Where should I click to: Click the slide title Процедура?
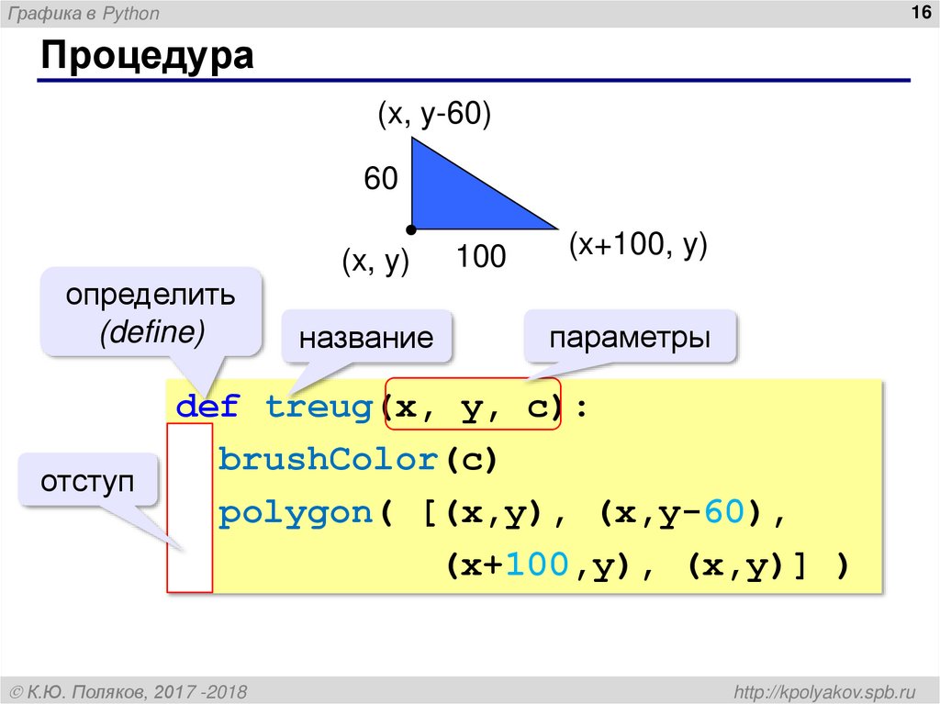click(x=146, y=57)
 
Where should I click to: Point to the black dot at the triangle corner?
click(x=412, y=229)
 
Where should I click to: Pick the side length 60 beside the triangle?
click(x=381, y=179)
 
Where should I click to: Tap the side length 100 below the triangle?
click(x=482, y=257)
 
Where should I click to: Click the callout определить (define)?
click(x=150, y=312)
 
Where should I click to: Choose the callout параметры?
click(x=630, y=336)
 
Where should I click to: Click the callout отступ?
click(x=87, y=480)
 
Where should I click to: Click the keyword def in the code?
click(x=207, y=407)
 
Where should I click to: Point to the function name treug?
click(x=318, y=407)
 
